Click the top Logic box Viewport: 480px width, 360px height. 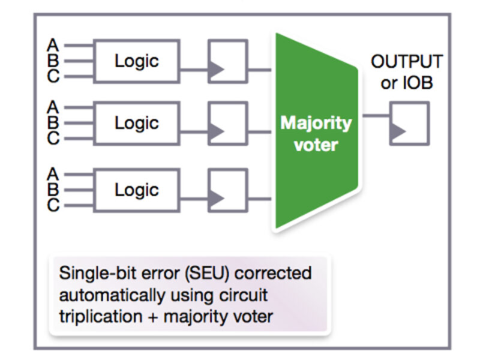pos(137,61)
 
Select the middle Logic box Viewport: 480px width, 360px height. pos(137,123)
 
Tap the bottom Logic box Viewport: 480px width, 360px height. pos(137,190)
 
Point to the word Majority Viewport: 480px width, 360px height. pos(316,124)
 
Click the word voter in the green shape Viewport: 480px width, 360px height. pos(316,145)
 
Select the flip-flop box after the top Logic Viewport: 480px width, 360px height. pos(227,61)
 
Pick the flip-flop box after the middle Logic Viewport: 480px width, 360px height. pos(227,123)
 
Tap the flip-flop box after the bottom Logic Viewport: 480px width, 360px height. pos(227,190)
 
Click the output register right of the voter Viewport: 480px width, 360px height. pos(409,123)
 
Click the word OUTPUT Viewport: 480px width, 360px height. pos(406,62)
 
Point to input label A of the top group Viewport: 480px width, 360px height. pos(53,45)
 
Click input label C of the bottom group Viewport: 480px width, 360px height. pos(53,206)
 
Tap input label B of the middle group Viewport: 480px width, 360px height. pos(53,123)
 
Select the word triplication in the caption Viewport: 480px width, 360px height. pos(93,316)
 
